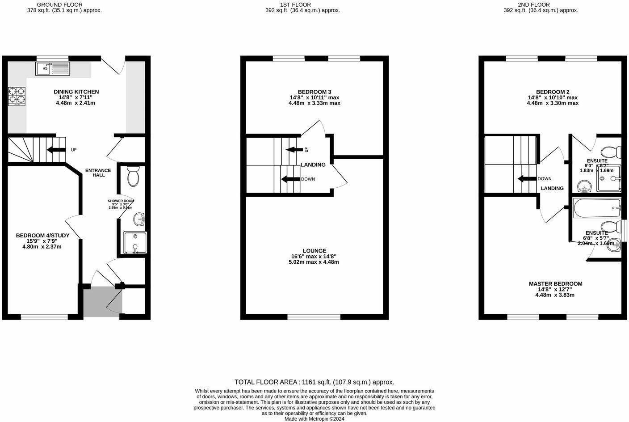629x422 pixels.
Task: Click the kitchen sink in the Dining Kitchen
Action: (53, 68)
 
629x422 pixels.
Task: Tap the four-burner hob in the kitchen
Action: (17, 96)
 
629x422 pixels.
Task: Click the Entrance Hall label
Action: (98, 173)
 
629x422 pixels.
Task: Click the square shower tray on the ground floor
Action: (135, 243)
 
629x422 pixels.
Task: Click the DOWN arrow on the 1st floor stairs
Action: (290, 179)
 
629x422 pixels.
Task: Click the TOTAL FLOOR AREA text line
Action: (314, 382)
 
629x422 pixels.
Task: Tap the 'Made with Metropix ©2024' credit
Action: (314, 419)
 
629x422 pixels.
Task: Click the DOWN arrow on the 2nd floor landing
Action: (527, 179)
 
